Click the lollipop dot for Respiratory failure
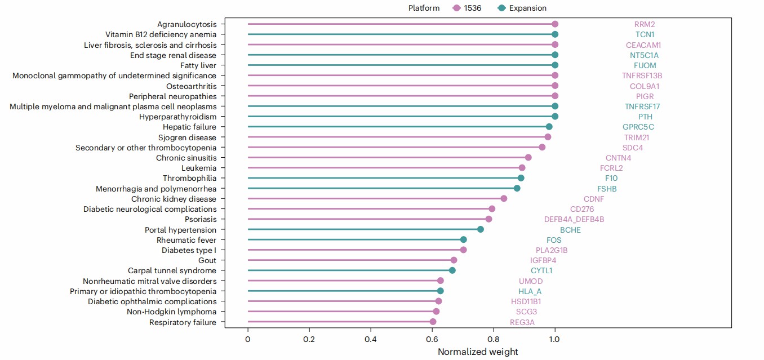(x=433, y=322)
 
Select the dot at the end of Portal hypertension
(x=481, y=229)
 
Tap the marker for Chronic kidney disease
(x=504, y=198)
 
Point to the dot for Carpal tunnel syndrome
(x=452, y=270)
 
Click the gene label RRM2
(x=645, y=24)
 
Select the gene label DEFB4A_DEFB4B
(x=574, y=219)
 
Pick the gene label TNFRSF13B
(x=642, y=75)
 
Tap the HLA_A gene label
(x=530, y=291)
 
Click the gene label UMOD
(x=531, y=281)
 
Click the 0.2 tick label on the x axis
(x=309, y=339)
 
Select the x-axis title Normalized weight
(x=478, y=352)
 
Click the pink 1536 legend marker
(x=457, y=8)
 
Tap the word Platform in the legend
(x=424, y=8)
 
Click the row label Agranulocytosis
(x=186, y=24)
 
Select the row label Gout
(x=207, y=260)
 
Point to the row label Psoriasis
(x=200, y=219)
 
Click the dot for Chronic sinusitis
(x=528, y=157)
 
